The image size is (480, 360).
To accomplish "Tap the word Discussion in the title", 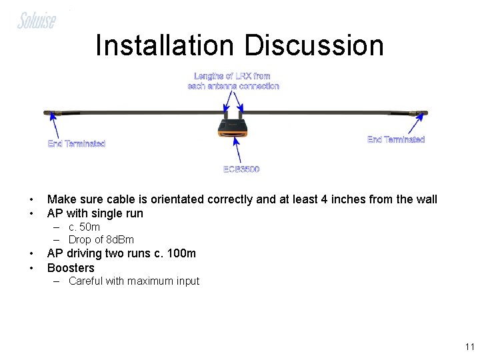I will [314, 45].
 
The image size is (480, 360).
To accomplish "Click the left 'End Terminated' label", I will [77, 143].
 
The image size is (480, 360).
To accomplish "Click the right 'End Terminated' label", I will [396, 139].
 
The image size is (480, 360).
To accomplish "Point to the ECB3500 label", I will [241, 169].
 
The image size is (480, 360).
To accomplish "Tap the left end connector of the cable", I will [51, 112].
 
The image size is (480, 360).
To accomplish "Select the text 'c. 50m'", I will [84, 227].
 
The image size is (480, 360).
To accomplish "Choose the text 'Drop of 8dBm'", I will [101, 239].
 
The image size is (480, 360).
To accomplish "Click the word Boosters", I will [71, 268].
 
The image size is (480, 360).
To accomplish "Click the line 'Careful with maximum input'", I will [133, 281].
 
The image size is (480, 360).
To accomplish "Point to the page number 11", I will [469, 347].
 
